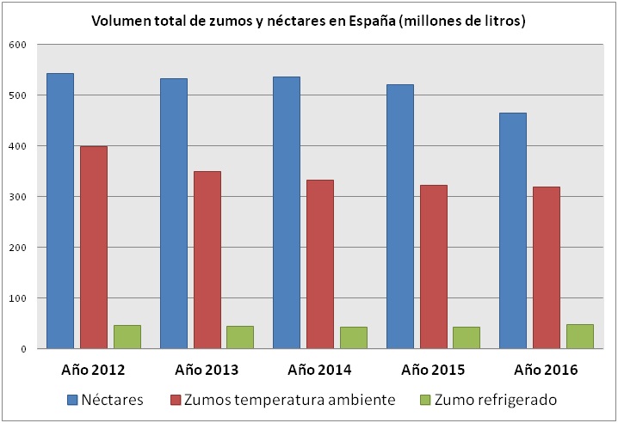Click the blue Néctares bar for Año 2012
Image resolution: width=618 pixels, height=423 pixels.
tap(59, 211)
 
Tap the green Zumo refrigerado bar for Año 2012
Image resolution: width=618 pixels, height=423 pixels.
tap(127, 337)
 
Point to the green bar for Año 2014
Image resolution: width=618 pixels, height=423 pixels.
tap(353, 338)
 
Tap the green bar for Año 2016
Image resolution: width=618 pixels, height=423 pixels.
tap(579, 336)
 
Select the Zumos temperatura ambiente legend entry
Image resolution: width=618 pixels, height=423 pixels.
tap(285, 399)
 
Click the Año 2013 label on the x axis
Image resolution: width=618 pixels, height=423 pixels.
tap(207, 371)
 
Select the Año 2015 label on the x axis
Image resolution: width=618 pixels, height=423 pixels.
tap(434, 371)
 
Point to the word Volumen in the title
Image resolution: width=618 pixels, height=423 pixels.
tap(122, 19)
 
